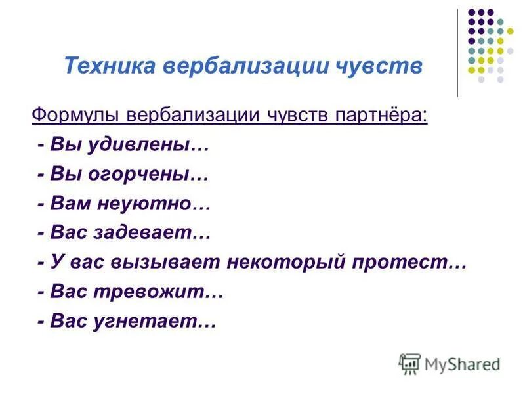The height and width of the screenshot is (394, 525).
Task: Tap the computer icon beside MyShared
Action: coord(409,362)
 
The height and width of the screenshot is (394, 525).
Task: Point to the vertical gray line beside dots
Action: coord(457,53)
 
